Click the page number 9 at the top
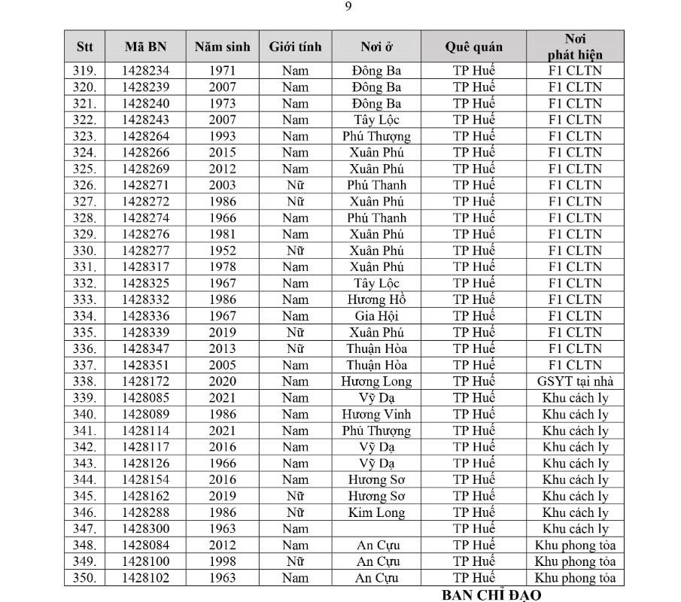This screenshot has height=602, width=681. pos(348,7)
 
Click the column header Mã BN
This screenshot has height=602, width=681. pos(146,47)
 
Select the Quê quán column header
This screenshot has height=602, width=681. pos(473,47)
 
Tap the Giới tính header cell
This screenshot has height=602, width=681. pos(295,47)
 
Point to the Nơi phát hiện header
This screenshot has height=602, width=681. pos(575,47)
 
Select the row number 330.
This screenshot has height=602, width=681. pos(85,251)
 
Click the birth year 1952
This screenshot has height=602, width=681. pos(223,251)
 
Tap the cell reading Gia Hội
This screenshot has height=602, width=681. pos(376,316)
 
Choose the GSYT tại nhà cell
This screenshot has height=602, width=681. pos(575,382)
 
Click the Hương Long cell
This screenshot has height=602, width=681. pos(376,382)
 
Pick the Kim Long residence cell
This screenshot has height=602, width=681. pos(376,513)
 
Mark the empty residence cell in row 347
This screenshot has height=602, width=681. pos(376,529)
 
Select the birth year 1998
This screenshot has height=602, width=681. pos(223,561)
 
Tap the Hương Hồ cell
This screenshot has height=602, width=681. pos(376,299)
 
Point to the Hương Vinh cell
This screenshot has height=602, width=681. pos(376,415)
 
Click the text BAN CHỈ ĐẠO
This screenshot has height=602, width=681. pos(491,595)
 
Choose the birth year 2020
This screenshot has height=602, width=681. pos(223,382)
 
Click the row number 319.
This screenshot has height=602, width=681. pos(85,71)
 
